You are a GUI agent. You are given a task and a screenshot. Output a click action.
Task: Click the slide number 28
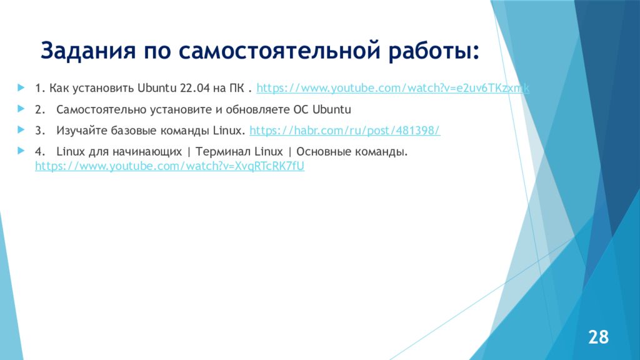tap(598, 337)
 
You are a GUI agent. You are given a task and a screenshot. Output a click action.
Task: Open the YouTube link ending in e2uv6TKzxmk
tap(393, 88)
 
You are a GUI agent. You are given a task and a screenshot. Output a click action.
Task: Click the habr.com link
tap(345, 131)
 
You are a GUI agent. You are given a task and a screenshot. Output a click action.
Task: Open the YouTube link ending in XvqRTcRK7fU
tap(169, 167)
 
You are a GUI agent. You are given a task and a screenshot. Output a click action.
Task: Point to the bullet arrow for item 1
tap(21, 87)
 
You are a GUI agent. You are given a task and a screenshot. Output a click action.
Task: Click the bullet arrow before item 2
tap(21, 109)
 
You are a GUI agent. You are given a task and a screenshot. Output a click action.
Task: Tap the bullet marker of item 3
tap(21, 130)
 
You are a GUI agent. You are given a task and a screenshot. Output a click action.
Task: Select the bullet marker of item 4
tap(21, 151)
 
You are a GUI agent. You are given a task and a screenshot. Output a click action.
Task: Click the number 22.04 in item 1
tap(197, 88)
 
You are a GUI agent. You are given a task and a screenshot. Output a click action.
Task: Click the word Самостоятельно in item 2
tap(101, 109)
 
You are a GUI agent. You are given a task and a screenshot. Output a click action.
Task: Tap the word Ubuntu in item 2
tap(332, 109)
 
